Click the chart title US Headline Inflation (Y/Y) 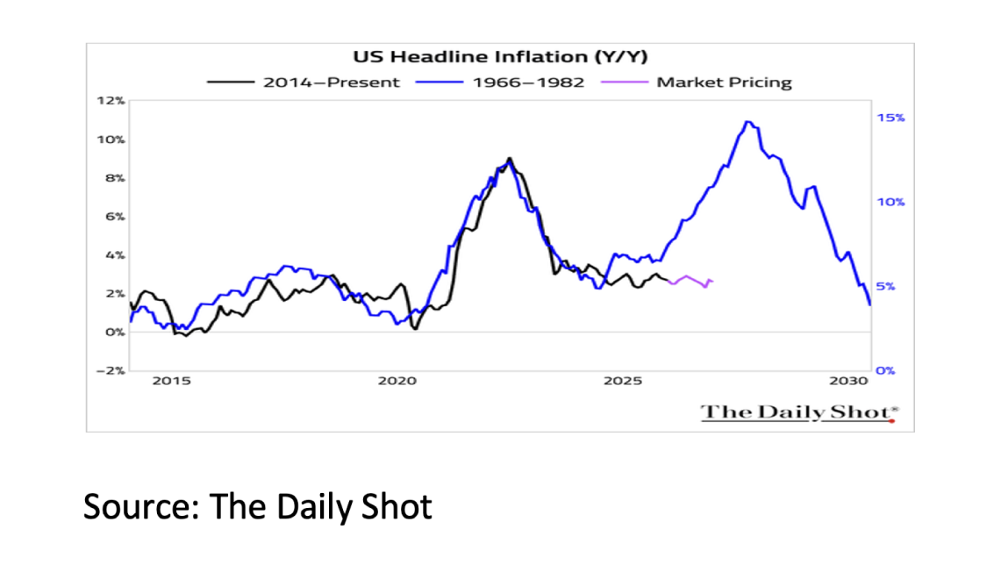click(499, 59)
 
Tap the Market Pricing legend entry click(723, 82)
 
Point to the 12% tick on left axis click(112, 101)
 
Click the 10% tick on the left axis click(112, 139)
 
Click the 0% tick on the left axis click(115, 333)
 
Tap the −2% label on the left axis click(111, 370)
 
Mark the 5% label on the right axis click(887, 287)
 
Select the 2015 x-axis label click(171, 382)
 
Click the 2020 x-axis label click(397, 382)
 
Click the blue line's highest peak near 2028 click(747, 123)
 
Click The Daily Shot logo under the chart click(798, 412)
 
